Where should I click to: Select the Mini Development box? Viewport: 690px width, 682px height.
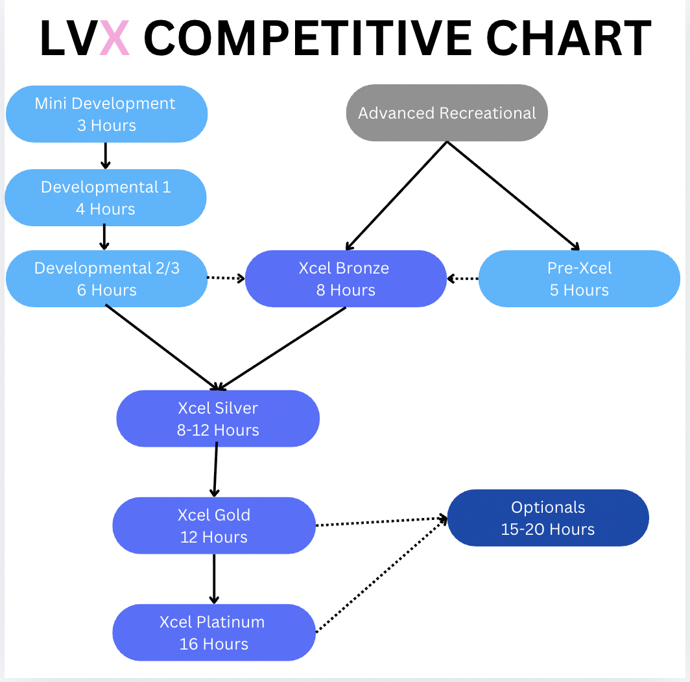tap(106, 114)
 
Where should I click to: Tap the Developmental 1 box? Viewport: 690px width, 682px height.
tap(105, 198)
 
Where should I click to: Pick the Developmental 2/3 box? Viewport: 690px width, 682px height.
tap(106, 279)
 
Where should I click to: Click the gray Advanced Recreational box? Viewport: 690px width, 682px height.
tap(447, 113)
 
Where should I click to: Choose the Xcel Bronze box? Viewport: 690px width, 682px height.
tap(346, 279)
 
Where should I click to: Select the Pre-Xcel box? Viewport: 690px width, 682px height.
tap(579, 279)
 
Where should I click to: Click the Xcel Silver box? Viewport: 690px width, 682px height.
tap(218, 419)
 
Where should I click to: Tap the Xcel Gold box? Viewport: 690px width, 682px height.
tap(213, 526)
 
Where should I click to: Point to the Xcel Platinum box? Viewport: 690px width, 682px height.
tap(213, 633)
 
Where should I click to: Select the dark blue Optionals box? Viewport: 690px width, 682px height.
tap(548, 518)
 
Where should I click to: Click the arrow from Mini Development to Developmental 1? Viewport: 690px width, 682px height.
tap(106, 156)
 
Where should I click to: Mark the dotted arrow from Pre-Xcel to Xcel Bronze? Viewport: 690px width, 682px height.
tap(462, 279)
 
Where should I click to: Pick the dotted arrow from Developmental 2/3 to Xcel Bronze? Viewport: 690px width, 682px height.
tap(226, 278)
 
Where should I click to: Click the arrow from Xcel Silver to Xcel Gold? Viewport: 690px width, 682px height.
tap(215, 471)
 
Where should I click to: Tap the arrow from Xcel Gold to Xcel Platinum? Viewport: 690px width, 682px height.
tap(214, 579)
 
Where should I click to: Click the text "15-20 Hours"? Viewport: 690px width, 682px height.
tap(548, 529)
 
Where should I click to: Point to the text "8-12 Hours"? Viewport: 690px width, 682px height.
tap(218, 430)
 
